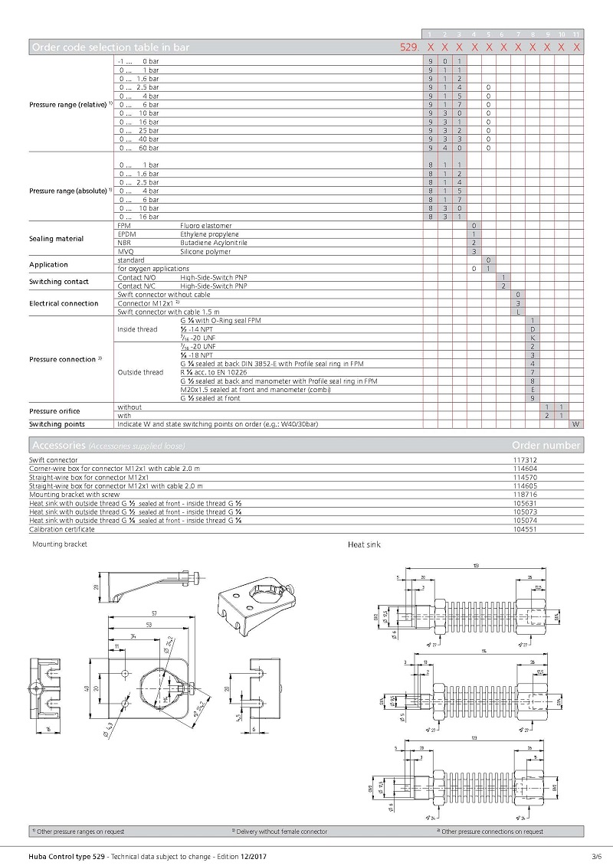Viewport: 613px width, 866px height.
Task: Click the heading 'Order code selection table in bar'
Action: (x=110, y=47)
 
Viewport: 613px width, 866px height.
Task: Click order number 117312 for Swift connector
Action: (x=523, y=460)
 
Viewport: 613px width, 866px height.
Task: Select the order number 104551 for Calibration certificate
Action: (x=523, y=529)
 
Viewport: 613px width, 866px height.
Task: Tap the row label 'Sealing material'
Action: (x=56, y=239)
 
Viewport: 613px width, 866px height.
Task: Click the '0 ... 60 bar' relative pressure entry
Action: (x=139, y=148)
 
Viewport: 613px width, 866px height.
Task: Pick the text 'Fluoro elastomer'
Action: (x=205, y=226)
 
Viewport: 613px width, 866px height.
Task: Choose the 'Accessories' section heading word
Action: (x=57, y=446)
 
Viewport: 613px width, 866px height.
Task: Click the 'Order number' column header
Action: (x=546, y=446)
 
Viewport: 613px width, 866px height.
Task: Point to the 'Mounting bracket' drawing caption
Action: (x=60, y=544)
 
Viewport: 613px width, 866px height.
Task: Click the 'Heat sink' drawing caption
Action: (x=364, y=544)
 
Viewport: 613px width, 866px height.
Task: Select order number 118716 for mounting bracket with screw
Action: (x=523, y=495)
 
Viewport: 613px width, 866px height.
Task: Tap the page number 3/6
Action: (x=596, y=855)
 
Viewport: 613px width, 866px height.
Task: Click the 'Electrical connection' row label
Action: (x=64, y=303)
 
